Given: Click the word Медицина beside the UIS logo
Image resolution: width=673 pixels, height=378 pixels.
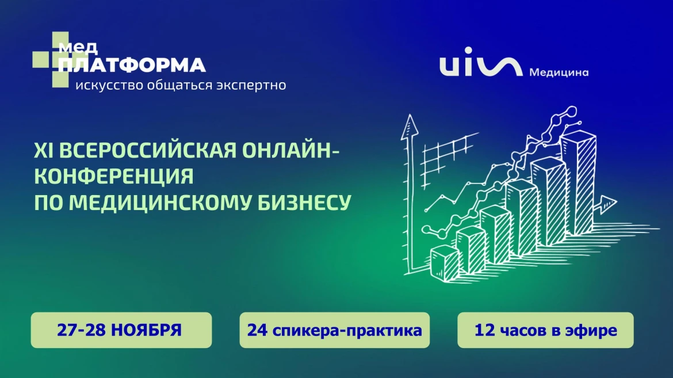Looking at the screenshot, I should (559, 73).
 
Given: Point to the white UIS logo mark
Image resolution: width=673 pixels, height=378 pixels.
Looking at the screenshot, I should (481, 67).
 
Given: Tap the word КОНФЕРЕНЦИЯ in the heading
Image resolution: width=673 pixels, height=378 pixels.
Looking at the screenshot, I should (114, 177).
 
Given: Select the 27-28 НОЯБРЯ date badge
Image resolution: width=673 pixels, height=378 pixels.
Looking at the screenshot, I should (121, 330).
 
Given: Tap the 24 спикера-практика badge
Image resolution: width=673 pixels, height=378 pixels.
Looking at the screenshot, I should (334, 330).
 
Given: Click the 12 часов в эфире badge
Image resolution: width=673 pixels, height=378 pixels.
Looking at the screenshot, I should (545, 330).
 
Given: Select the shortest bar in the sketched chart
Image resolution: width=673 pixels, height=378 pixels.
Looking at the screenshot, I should (445, 262).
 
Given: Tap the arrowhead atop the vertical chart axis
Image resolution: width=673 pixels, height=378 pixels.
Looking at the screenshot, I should (410, 124).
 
